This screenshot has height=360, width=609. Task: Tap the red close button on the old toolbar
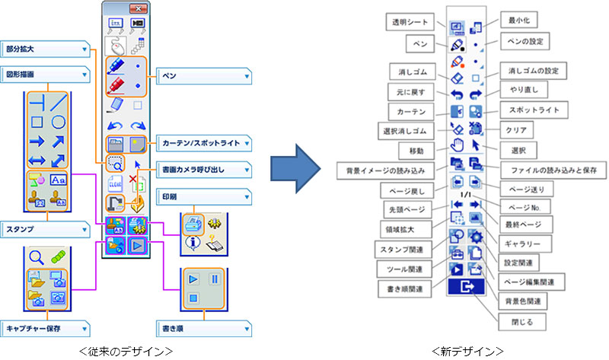coord(137,8)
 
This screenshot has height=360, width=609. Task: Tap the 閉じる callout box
coord(518,322)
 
